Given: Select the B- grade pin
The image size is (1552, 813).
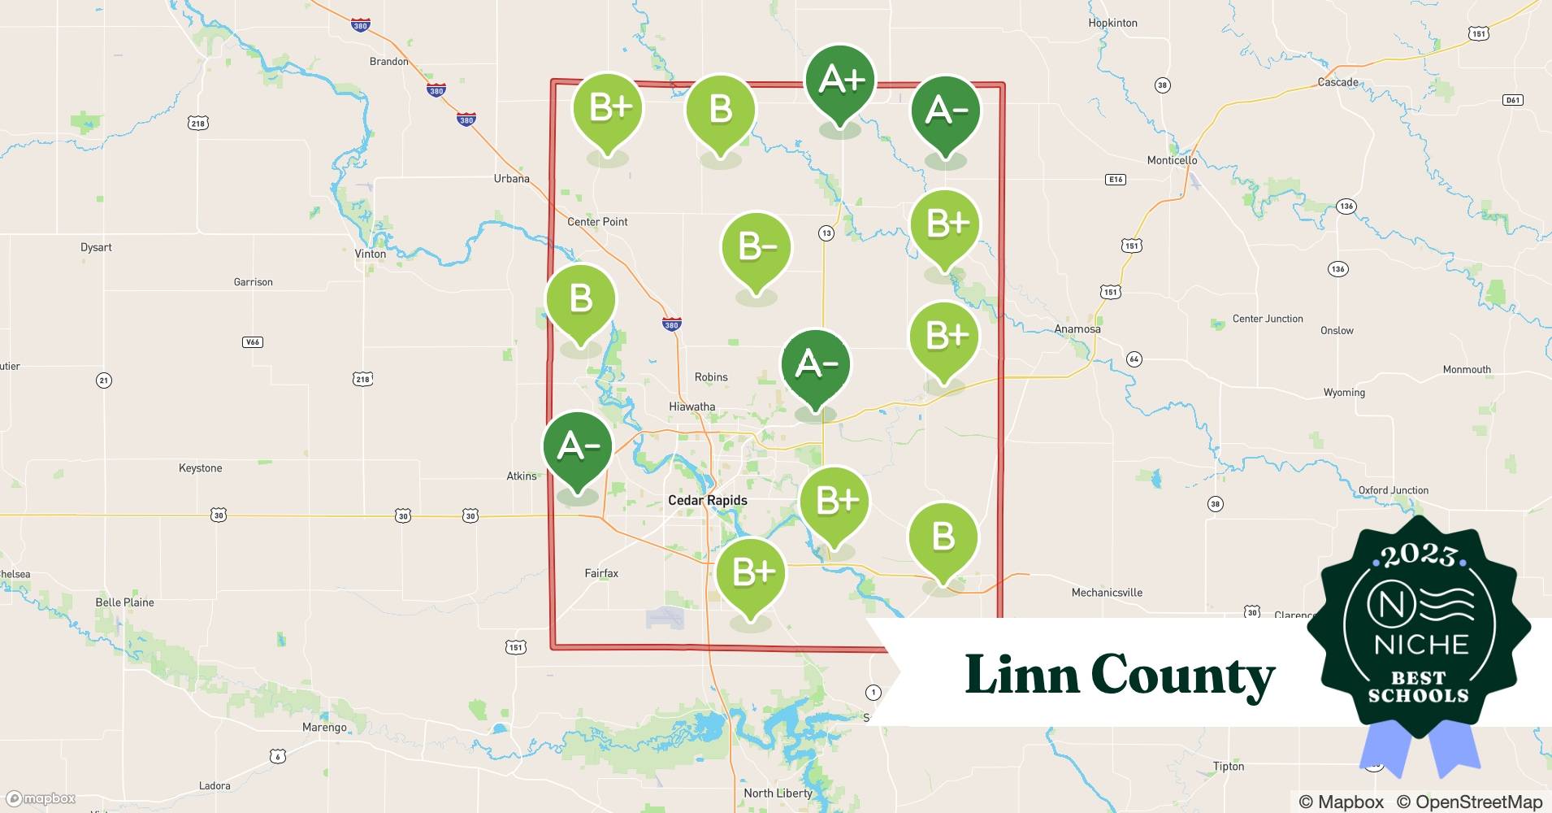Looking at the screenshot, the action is pyautogui.click(x=756, y=247).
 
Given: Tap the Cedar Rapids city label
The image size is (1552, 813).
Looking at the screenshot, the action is pyautogui.click(x=707, y=500).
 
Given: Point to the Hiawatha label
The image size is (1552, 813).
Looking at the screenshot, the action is pyautogui.click(x=691, y=406).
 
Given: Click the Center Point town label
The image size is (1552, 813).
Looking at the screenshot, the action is pyautogui.click(x=597, y=221).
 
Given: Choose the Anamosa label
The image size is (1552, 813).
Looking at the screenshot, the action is pyautogui.click(x=1077, y=329).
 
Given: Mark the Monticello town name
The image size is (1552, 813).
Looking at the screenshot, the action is pyautogui.click(x=1172, y=160).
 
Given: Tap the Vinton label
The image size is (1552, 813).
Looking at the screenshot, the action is pyautogui.click(x=370, y=254).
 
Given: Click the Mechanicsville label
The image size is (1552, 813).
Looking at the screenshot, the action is pyautogui.click(x=1107, y=593).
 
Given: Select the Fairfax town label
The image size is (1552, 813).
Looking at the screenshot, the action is pyautogui.click(x=601, y=573).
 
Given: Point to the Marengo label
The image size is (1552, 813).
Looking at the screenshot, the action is pyautogui.click(x=324, y=728).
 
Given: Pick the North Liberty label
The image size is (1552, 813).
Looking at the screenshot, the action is pyautogui.click(x=778, y=793).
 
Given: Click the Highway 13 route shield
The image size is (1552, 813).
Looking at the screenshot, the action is pyautogui.click(x=826, y=233).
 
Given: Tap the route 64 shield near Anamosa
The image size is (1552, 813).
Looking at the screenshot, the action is pyautogui.click(x=1134, y=359).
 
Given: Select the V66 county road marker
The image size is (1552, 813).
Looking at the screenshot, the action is pyautogui.click(x=253, y=341).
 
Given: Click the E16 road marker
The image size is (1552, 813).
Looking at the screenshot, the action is pyautogui.click(x=1116, y=180).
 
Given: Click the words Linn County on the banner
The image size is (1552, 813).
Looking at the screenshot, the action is pyautogui.click(x=1120, y=675).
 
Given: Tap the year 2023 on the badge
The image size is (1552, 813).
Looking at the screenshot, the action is pyautogui.click(x=1419, y=555).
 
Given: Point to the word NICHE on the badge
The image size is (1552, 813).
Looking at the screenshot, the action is pyautogui.click(x=1421, y=645).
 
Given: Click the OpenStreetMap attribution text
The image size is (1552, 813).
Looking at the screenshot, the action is pyautogui.click(x=1469, y=802).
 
